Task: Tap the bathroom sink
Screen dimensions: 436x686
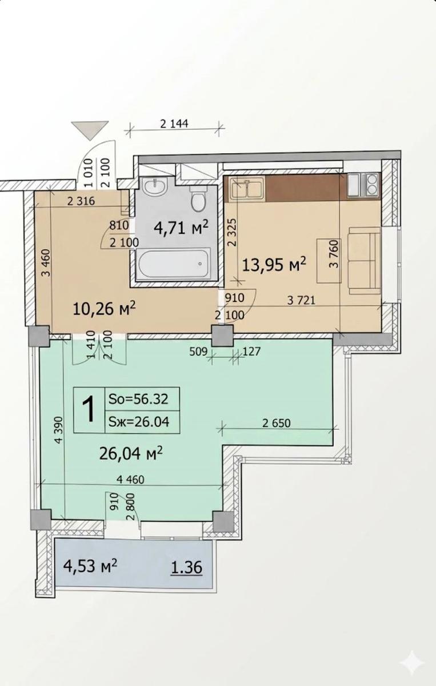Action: coord(155,186)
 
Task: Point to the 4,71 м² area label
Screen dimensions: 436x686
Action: coord(182,228)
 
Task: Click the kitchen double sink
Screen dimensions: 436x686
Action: coord(247,189)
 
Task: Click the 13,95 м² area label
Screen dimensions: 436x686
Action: coord(274,264)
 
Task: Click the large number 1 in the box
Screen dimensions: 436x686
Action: coord(89,409)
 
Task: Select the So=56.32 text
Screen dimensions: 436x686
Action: coord(138,399)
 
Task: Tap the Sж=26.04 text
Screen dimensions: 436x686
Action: coord(139,422)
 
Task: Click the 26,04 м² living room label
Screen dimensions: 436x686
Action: coord(131,453)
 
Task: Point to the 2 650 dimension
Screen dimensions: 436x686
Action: coord(277,423)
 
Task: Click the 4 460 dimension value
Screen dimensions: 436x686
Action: coord(131,479)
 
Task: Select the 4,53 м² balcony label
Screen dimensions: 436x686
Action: coord(90,565)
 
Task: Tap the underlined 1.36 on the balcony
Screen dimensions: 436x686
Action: coord(186,567)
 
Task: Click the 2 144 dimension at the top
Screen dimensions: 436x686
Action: coord(174,123)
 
